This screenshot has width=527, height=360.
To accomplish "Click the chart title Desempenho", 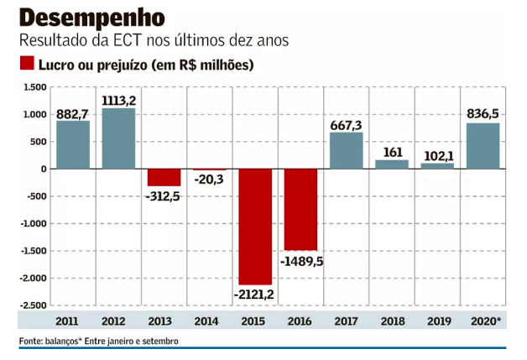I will [x=92, y=18].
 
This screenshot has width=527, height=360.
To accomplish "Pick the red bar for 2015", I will [x=255, y=226].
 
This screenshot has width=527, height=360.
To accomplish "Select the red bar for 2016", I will [x=300, y=209].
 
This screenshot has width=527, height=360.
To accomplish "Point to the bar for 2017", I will [x=346, y=150].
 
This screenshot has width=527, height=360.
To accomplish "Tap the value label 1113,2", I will [x=118, y=101].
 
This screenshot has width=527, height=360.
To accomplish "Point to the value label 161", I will [x=392, y=152].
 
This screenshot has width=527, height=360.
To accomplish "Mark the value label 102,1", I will [x=437, y=155].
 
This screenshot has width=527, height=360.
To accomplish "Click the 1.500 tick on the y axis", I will [x=34, y=87].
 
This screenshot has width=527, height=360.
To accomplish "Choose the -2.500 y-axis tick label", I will [x=33, y=305].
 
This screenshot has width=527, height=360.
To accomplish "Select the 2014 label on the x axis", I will [x=209, y=321].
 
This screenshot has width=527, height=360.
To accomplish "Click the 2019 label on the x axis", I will [x=437, y=321].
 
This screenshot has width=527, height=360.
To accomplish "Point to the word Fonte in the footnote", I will [x=31, y=342].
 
